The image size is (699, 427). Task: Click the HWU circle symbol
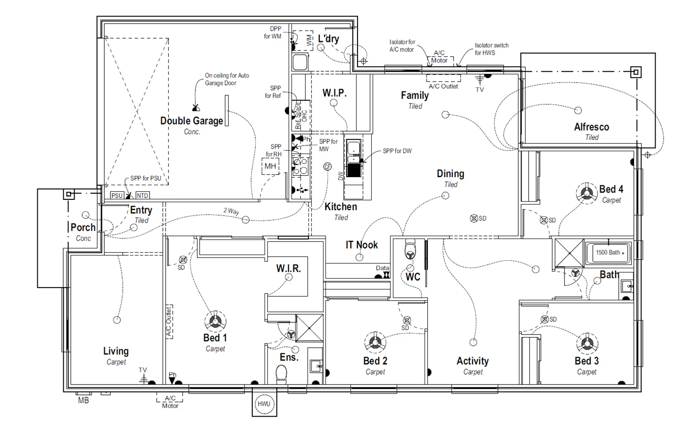[x=264, y=404]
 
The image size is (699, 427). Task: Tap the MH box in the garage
[x=270, y=166]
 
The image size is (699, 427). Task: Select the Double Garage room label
[x=191, y=121]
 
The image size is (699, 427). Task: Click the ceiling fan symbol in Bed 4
[x=587, y=193]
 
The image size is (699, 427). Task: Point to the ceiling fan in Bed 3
[x=587, y=343]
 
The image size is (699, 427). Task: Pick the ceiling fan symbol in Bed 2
[x=375, y=342]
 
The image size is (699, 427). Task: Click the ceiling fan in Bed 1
[x=215, y=321]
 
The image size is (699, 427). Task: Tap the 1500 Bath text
[x=608, y=253]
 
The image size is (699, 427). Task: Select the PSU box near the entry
[x=117, y=196]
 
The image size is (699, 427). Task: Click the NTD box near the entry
[x=142, y=196]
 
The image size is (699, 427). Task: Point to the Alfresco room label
[x=591, y=127]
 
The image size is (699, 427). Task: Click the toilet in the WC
[x=410, y=250]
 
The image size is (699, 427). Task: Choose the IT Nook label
[x=362, y=245]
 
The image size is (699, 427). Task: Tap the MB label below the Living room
[x=83, y=401]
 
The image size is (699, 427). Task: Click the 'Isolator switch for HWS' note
[x=491, y=49]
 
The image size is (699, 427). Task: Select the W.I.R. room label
[x=288, y=269]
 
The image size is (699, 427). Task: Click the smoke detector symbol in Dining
[x=474, y=219]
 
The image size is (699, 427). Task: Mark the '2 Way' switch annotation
[x=231, y=211]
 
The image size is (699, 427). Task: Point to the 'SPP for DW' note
[x=397, y=151]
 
